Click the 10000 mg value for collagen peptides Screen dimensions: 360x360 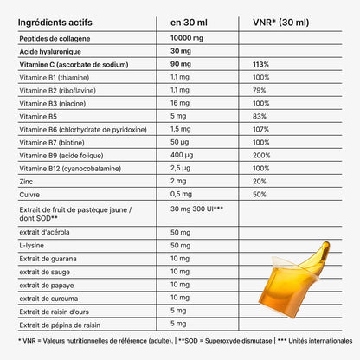pyautogui.click(x=191, y=38)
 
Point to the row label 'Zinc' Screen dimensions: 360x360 pyautogui.click(x=27, y=182)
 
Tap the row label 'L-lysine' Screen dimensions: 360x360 pyautogui.click(x=32, y=247)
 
